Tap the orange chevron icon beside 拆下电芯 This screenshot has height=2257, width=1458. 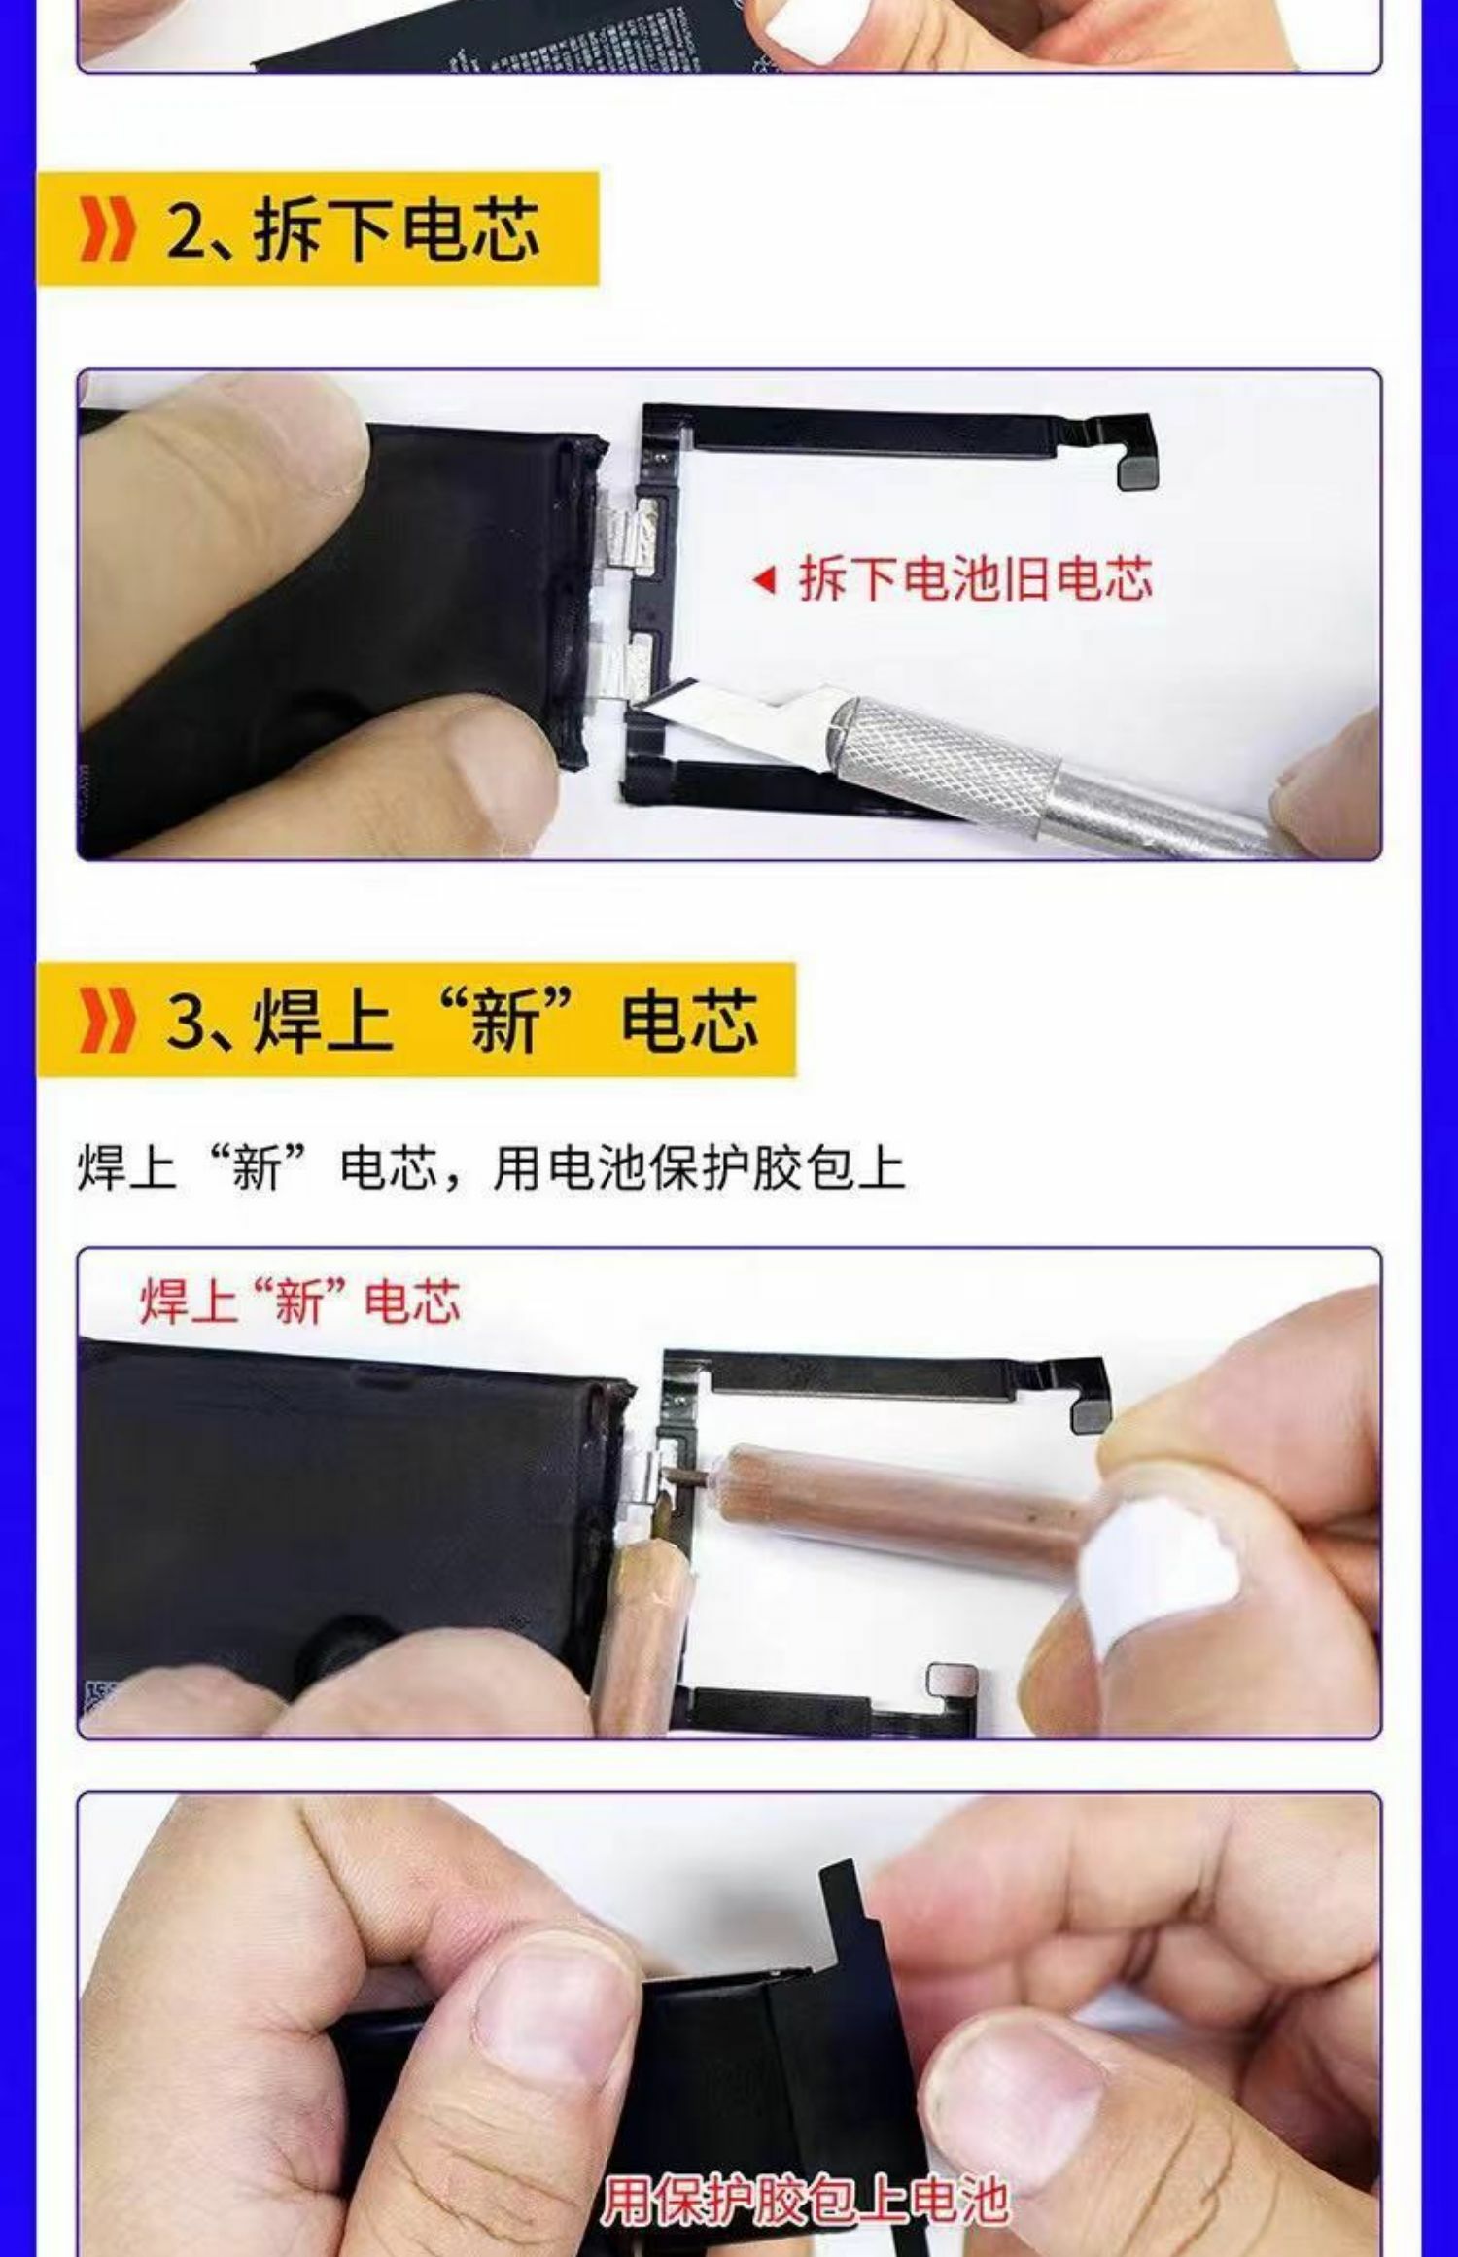click(105, 231)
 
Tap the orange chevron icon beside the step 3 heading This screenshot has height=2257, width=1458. click(105, 1021)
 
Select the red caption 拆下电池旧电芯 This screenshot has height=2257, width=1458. click(975, 579)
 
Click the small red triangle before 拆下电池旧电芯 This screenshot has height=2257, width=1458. click(766, 581)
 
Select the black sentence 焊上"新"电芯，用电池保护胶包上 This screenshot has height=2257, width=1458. click(491, 1168)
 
